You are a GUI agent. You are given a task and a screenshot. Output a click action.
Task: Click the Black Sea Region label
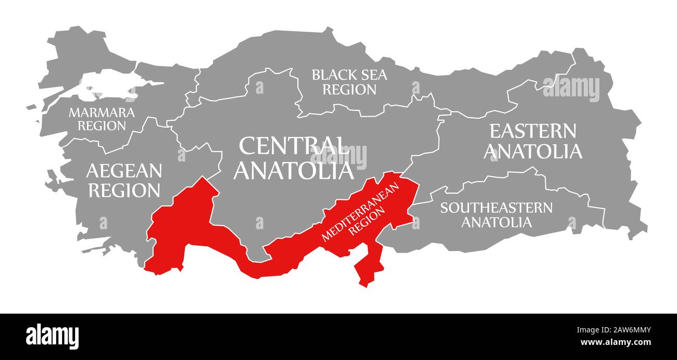point(349,82)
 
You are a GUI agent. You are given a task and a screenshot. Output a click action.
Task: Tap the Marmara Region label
point(102,119)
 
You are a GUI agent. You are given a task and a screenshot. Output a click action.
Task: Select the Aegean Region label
point(124,180)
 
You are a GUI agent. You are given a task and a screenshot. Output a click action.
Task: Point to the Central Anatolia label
point(294,158)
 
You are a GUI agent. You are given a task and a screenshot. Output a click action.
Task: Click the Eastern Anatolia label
point(533,141)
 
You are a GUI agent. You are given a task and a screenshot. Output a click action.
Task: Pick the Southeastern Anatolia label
point(496,215)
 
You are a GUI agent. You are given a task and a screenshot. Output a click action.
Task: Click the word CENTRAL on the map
point(294,146)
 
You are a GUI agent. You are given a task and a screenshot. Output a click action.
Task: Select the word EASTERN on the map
point(533,131)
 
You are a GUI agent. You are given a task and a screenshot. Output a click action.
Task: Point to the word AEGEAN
point(124,170)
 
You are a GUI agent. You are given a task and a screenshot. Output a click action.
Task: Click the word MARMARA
point(102,112)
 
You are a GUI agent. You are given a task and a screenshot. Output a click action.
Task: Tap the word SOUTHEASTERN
point(496,208)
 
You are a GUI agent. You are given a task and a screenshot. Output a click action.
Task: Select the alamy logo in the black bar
point(52,337)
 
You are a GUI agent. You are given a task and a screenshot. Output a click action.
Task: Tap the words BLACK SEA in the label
point(349,75)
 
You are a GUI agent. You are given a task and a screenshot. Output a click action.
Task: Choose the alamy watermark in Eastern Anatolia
point(571,89)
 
